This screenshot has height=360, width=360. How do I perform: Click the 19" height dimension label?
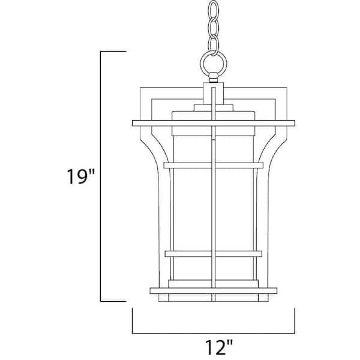tap(80, 178)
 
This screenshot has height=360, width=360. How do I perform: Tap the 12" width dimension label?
tap(214, 346)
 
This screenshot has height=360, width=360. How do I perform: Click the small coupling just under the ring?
tap(214, 77)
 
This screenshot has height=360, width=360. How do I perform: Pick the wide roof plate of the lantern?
tap(214, 124)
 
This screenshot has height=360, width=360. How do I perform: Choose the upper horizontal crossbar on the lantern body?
tap(214, 165)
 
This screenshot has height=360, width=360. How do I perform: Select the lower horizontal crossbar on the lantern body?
tap(214, 254)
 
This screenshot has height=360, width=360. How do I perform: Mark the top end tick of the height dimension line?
tap(113, 53)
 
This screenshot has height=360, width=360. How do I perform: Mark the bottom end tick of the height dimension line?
tap(113, 301)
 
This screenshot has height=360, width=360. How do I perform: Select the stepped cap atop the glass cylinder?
tap(214, 112)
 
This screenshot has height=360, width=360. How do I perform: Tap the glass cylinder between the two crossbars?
tap(192, 210)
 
